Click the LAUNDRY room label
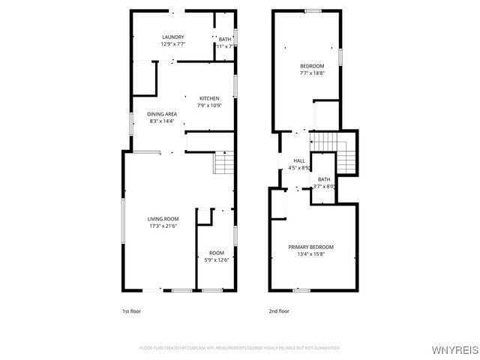click(x=172, y=37)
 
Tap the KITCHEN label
click(x=209, y=98)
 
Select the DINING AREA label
click(x=161, y=113)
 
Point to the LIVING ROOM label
click(x=162, y=218)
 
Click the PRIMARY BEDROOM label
click(x=311, y=247)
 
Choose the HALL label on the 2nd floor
click(x=299, y=160)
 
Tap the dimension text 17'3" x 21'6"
click(x=162, y=226)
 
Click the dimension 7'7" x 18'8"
click(x=311, y=73)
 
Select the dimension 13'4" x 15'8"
click(x=311, y=254)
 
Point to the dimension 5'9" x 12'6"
click(x=217, y=260)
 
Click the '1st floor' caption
click(x=131, y=310)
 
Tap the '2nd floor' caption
click(x=278, y=310)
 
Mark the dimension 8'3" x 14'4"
click(x=161, y=121)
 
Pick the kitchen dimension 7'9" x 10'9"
click(x=209, y=106)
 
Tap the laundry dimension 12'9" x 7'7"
click(x=172, y=44)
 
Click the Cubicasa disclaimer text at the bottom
click(x=240, y=348)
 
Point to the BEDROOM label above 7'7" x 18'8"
click(x=311, y=66)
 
